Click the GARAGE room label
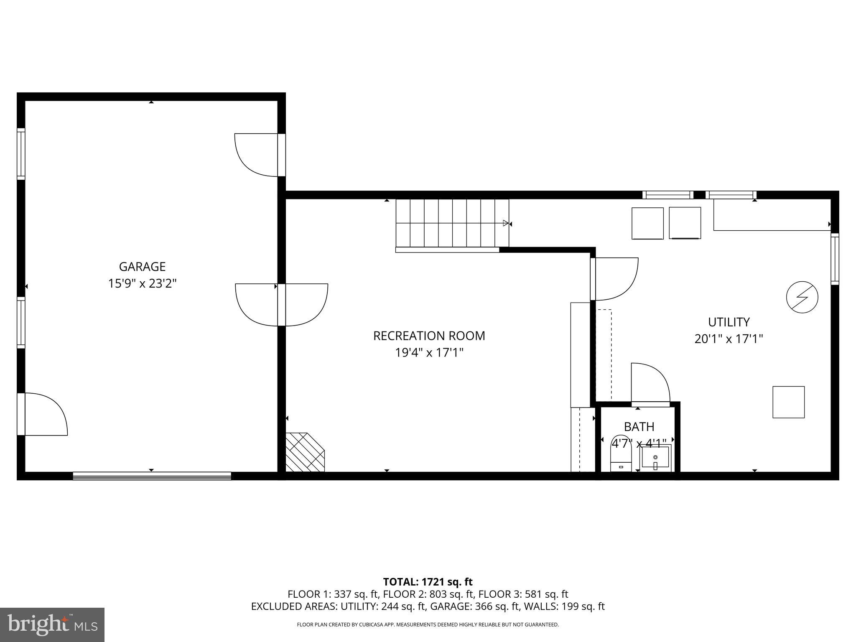(142, 267)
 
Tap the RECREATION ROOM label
(429, 336)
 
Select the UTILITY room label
(729, 322)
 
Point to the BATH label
(639, 427)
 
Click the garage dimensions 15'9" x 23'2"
(142, 284)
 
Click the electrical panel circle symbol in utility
(802, 297)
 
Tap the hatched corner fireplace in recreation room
(304, 453)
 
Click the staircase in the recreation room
(452, 224)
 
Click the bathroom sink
(655, 458)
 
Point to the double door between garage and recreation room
(281, 305)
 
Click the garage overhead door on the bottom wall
(152, 476)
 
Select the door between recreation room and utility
(614, 279)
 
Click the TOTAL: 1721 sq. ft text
(428, 582)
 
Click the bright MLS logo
(52, 625)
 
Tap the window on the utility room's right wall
(834, 259)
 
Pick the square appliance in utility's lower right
(788, 402)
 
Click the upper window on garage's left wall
(21, 154)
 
